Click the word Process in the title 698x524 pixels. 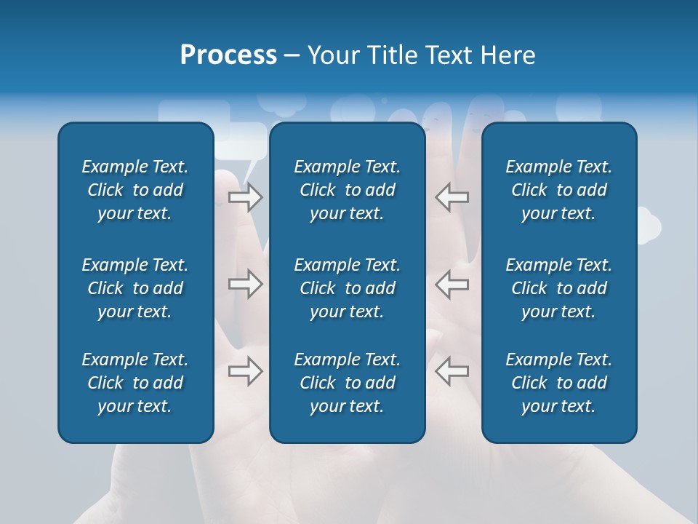[228, 55]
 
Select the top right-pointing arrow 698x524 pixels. [245, 197]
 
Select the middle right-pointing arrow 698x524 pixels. [245, 284]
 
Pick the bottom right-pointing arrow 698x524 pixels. [245, 371]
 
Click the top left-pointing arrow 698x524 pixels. [452, 197]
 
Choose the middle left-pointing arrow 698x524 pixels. [452, 284]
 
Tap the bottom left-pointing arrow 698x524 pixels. [452, 371]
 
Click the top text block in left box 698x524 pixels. [135, 190]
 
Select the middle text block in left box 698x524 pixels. [135, 288]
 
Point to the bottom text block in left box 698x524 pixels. [135, 383]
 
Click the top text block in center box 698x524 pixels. [347, 190]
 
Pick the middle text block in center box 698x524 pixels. [347, 288]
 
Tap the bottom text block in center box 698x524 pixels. [347, 383]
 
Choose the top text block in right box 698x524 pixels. [558, 190]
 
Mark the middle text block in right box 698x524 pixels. [558, 288]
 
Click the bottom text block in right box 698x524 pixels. [558, 383]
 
